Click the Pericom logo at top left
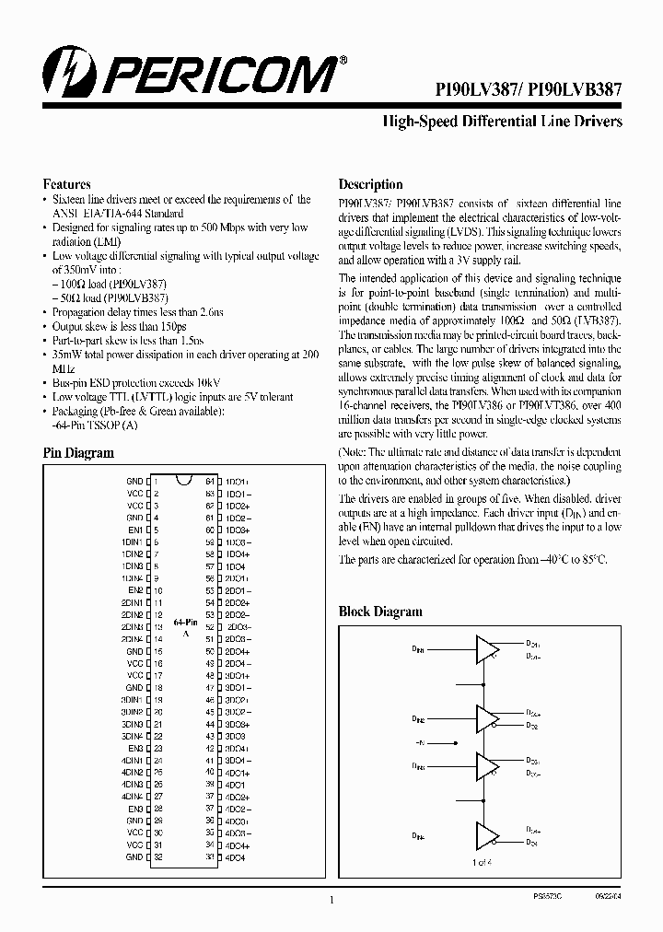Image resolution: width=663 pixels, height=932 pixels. (x=193, y=69)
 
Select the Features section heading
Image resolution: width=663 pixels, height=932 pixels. (x=67, y=183)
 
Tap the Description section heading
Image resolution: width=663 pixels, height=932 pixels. (x=370, y=184)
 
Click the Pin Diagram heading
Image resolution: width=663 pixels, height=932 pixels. (x=79, y=453)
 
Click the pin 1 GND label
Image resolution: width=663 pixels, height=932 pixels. (x=134, y=482)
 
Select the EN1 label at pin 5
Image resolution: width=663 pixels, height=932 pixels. (x=135, y=530)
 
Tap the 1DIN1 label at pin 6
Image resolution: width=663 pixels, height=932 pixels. (x=132, y=542)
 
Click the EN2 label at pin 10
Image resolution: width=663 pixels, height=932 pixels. (x=135, y=590)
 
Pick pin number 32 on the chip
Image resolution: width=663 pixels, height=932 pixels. (x=157, y=856)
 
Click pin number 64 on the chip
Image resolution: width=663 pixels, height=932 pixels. (x=210, y=482)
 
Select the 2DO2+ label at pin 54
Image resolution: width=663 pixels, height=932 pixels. (x=238, y=602)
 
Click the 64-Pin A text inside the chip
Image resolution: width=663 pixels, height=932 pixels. (x=185, y=628)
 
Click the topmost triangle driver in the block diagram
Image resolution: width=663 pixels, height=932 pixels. (x=486, y=648)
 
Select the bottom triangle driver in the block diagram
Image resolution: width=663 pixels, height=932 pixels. (x=486, y=836)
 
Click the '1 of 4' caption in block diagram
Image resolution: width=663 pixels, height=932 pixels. (x=484, y=862)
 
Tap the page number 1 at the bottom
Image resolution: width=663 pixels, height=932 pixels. (x=331, y=901)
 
